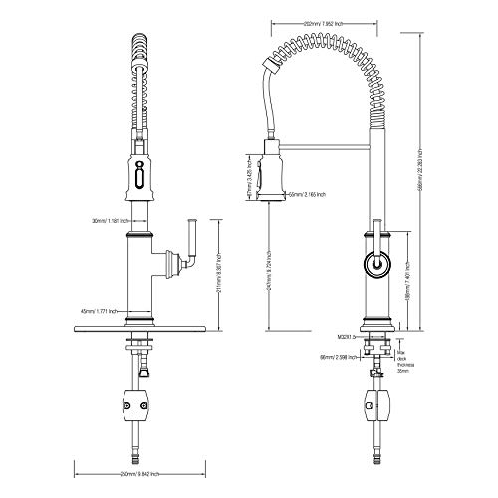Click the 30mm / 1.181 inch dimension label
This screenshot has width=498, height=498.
point(105,222)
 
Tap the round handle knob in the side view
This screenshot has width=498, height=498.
point(375,265)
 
